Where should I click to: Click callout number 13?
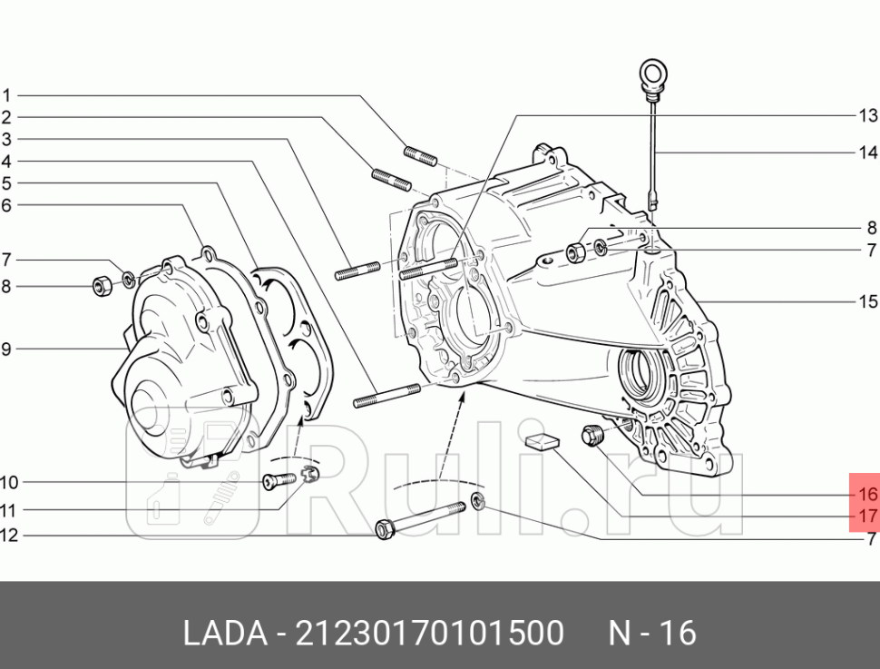coord(868,115)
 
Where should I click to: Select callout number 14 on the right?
coord(868,152)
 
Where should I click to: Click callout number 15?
coord(868,301)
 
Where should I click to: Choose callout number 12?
coord(8,536)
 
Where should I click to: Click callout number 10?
coord(8,482)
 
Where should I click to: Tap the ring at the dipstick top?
coord(651,72)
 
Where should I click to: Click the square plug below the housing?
coord(543,442)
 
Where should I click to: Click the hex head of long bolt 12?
coord(385,527)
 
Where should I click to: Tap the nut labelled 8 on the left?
coord(103,286)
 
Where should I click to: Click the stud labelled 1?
coord(419,155)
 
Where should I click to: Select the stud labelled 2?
coord(391,180)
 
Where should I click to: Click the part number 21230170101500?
coord(430,633)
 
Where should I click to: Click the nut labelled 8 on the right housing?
coord(574,251)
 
